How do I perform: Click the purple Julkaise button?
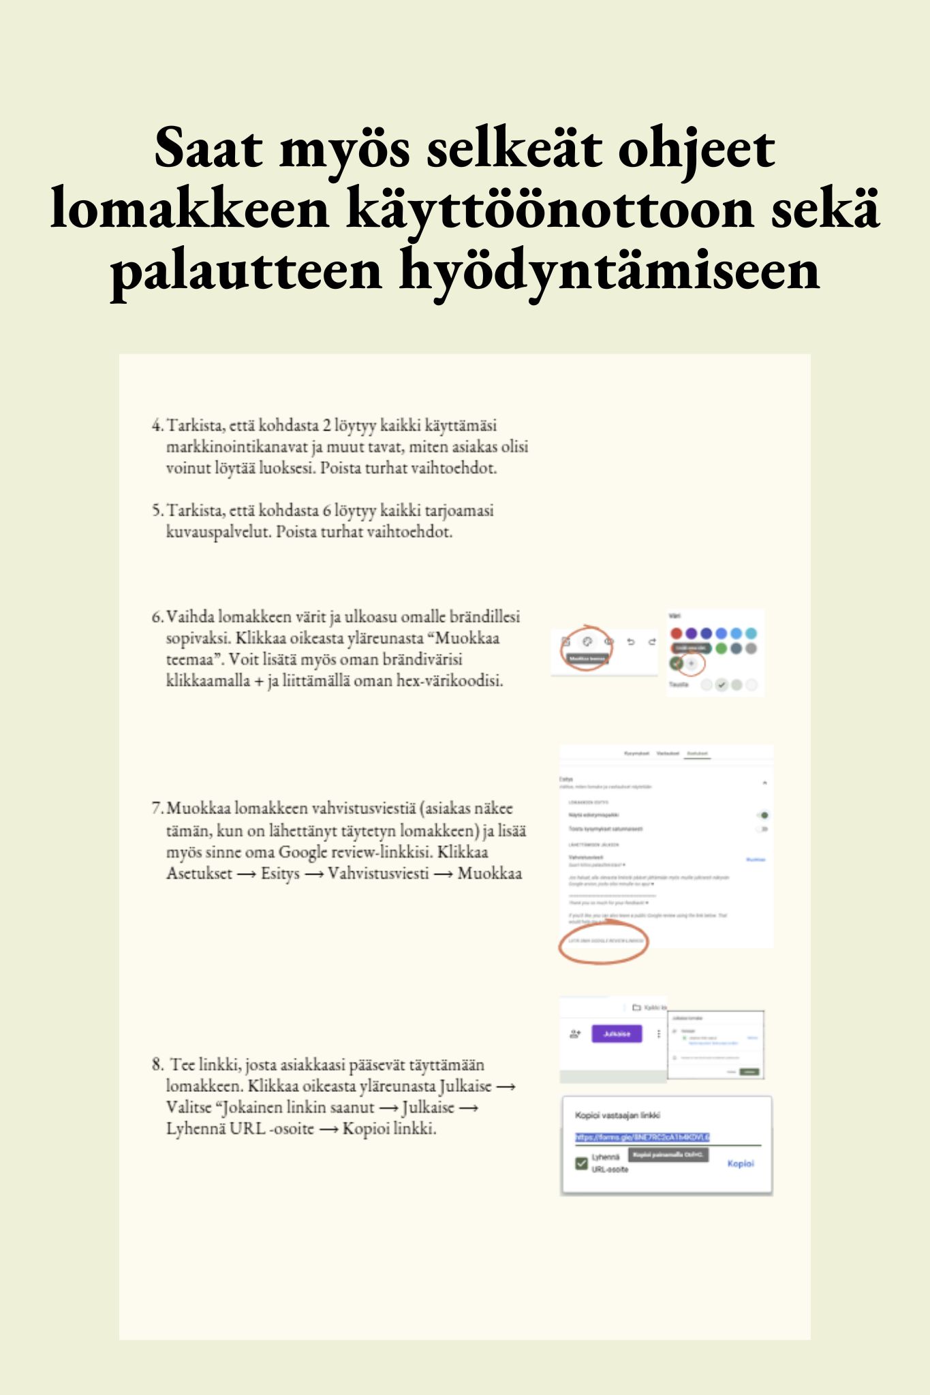point(617,1034)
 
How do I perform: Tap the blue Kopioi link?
point(740,1163)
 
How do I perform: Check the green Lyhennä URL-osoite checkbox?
point(581,1163)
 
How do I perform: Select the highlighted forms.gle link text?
point(642,1137)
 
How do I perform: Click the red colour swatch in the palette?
point(677,633)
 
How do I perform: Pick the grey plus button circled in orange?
point(692,663)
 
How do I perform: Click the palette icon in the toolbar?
point(587,642)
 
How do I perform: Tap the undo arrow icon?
point(631,642)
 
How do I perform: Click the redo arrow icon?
point(652,642)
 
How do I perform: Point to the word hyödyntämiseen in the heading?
point(609,270)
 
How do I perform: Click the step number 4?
point(156,426)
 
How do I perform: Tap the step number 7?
point(156,809)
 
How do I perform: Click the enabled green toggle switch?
point(763,815)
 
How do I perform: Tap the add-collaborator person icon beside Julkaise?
point(575,1034)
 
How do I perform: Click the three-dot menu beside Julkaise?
point(659,1034)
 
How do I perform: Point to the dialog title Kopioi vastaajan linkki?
point(617,1115)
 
